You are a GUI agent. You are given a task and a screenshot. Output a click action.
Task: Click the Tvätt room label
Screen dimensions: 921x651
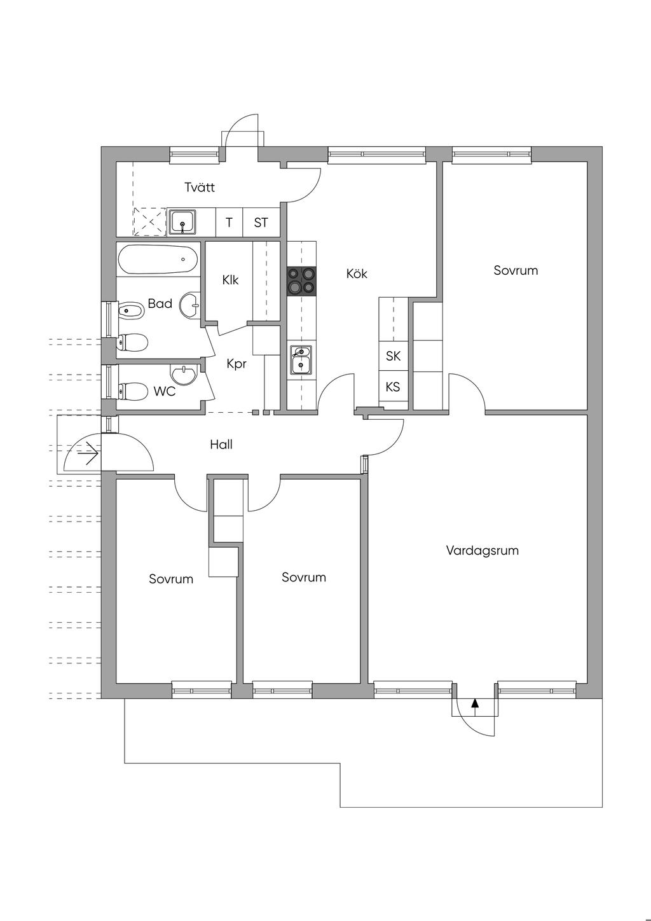200,188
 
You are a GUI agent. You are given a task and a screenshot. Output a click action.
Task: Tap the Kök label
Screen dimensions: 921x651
357,274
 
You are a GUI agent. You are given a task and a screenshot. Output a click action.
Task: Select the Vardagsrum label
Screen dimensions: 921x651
482,550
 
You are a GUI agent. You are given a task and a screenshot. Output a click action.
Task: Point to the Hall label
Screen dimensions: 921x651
221,445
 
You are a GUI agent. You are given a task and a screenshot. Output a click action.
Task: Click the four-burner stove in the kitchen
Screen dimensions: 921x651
301,280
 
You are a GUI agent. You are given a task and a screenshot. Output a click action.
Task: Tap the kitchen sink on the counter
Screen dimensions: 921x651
301,361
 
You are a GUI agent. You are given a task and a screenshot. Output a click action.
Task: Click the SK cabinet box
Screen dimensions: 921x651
393,356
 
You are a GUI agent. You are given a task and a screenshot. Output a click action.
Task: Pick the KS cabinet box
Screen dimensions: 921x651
393,387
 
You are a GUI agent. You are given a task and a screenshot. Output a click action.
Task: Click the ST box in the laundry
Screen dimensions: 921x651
261,223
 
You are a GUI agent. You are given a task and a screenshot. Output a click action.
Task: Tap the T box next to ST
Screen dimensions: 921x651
230,223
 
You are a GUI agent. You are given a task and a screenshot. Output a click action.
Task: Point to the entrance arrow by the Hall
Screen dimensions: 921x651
90,453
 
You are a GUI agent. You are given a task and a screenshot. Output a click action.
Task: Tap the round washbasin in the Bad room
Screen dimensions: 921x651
190,305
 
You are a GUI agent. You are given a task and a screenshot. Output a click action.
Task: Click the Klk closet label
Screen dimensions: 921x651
230,280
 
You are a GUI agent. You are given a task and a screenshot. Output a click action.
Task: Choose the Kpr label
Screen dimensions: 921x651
236,364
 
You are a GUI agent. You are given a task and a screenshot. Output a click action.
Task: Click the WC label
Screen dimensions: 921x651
165,392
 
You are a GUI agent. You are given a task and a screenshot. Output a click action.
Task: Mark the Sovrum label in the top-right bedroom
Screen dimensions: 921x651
516,270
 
